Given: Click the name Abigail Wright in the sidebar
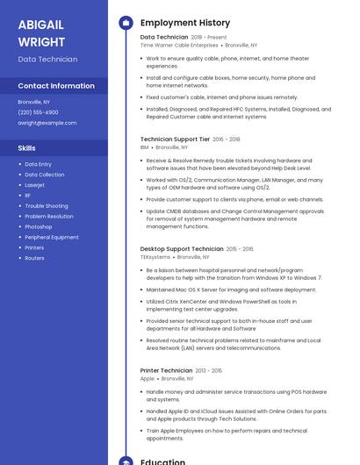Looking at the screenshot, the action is [x=41, y=32].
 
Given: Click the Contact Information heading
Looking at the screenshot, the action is [x=56, y=86].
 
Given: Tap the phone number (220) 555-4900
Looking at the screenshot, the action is [x=38, y=112].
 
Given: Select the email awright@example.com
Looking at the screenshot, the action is [x=41, y=123].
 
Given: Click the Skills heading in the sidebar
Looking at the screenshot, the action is [x=27, y=148].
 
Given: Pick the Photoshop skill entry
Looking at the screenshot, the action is [x=39, y=226].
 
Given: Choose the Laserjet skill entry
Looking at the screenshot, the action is [x=35, y=185].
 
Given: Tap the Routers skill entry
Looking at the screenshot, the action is [x=34, y=258].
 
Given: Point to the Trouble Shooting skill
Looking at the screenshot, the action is [x=47, y=205].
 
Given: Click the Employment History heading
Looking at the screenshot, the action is [x=185, y=23].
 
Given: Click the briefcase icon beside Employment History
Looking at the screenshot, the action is [x=125, y=23].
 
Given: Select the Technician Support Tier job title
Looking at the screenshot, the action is [x=175, y=139].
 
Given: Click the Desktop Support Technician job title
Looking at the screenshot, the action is [x=182, y=249].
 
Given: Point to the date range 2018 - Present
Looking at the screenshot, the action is [x=209, y=38].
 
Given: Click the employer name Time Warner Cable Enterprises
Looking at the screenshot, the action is [x=179, y=45].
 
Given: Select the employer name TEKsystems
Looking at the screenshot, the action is [x=155, y=257].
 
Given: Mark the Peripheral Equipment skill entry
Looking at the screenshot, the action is [x=52, y=237].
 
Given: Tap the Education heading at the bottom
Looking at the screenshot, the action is [x=162, y=461].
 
